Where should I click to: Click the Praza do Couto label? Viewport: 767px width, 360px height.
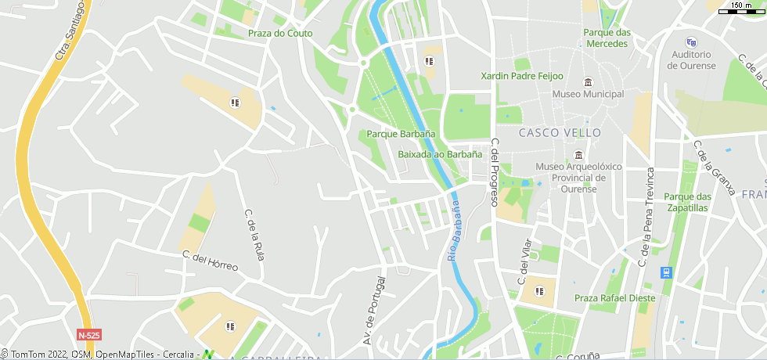pos(279,34)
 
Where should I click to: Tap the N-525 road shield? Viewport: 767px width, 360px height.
pos(89,335)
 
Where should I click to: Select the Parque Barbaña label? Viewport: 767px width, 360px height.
pos(401,134)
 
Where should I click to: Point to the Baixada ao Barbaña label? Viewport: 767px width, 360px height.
pos(440,154)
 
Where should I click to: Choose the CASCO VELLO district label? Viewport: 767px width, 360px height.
pos(560,133)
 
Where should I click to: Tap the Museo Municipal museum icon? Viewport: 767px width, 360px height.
pos(588,82)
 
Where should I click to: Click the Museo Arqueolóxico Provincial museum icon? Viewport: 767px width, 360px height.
pos(578,154)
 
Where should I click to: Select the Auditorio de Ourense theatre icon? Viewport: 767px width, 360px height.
pos(690,42)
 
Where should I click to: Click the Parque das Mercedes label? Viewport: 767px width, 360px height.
pos(607,38)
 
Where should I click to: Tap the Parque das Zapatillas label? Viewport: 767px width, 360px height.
pos(686,202)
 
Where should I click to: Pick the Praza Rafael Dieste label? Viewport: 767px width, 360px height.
pos(614,298)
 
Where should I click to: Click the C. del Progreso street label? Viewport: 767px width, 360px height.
pos(495,172)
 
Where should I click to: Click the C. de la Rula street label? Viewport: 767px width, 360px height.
pos(254,235)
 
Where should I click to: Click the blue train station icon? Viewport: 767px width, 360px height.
pos(666,272)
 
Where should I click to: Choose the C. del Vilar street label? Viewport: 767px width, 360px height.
pos(524,261)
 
